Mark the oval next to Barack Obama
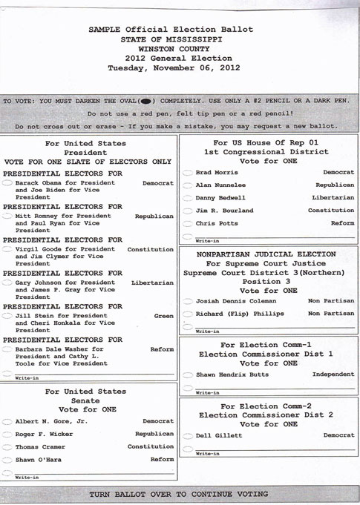(8, 182)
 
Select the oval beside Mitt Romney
(8, 216)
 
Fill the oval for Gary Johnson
(8, 283)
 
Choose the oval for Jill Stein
(8, 315)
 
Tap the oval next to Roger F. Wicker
(8, 434)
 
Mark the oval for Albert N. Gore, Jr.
(8, 421)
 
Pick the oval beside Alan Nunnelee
(188, 185)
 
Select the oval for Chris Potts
(188, 223)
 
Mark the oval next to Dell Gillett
(188, 435)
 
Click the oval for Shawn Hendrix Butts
(188, 374)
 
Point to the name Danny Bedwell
(215, 198)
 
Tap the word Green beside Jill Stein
(163, 315)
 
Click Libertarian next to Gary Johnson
(152, 283)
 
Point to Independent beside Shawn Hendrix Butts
(333, 374)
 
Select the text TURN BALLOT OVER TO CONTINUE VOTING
(179, 494)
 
